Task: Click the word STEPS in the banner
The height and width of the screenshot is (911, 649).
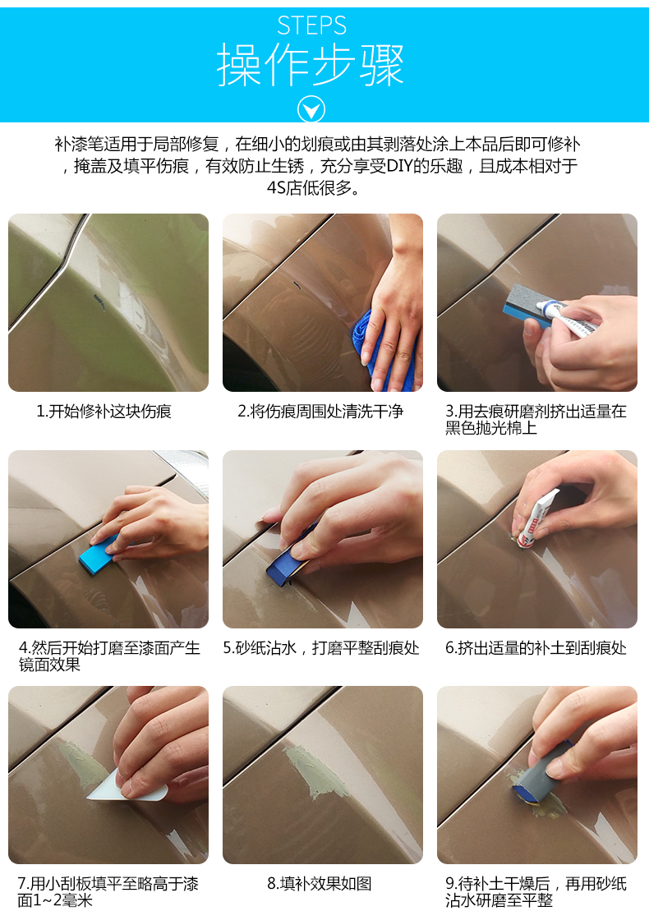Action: (x=311, y=25)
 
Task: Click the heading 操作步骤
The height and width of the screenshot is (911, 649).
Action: (x=311, y=65)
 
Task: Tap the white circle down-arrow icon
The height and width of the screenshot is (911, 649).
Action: (x=311, y=109)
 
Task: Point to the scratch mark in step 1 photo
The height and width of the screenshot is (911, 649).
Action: (x=99, y=302)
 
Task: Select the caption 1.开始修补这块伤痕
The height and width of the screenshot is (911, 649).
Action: (x=104, y=412)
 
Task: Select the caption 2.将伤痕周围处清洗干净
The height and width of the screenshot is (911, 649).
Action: (x=320, y=412)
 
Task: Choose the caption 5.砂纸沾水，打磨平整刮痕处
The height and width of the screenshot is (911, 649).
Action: (x=321, y=648)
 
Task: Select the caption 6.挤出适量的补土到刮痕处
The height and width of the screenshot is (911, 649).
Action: (x=536, y=648)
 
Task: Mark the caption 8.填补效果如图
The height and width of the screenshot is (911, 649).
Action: (x=320, y=884)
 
